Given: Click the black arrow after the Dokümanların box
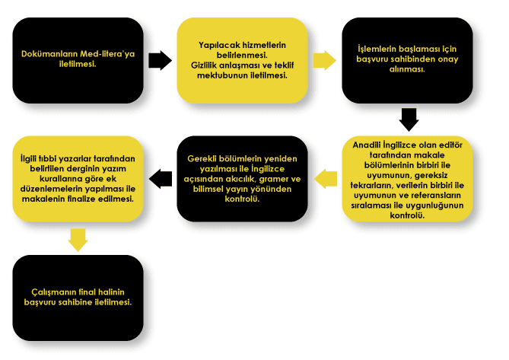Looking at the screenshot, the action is pyautogui.click(x=160, y=60).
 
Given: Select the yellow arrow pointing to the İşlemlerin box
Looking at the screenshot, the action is pyautogui.click(x=325, y=60).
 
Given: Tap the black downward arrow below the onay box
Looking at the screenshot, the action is pyautogui.click(x=409, y=119).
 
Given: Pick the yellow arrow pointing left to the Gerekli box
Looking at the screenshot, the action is pyautogui.click(x=326, y=179).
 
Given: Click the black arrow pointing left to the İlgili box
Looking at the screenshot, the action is pyautogui.click(x=161, y=179).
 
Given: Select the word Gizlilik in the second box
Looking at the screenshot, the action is pyautogui.click(x=204, y=65).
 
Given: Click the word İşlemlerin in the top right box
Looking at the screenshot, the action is pyautogui.click(x=377, y=49).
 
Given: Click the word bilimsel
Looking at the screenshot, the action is pyautogui.click(x=208, y=189).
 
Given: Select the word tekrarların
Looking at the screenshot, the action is pyautogui.click(x=372, y=186).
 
